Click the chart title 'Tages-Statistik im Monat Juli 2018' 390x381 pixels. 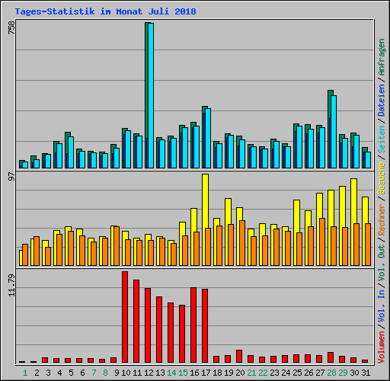[x=105, y=11]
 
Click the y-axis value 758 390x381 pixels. [x=11, y=28]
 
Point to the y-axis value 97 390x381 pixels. [x=11, y=176]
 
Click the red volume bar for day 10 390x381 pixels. [x=125, y=317]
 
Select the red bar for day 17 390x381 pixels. [x=205, y=325]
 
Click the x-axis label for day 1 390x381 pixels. [x=25, y=373]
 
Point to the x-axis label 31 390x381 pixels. [x=366, y=373]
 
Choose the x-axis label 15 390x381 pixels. [x=183, y=373]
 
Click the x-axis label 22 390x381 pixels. [x=263, y=373]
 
